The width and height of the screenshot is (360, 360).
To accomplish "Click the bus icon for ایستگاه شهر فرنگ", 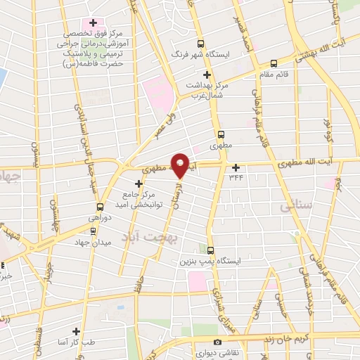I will tap(201, 43).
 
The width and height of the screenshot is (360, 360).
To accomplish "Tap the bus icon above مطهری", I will tap(221, 134).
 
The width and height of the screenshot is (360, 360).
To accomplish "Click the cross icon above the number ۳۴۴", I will tap(236, 167).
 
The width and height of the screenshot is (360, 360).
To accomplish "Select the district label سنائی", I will tap(295, 207).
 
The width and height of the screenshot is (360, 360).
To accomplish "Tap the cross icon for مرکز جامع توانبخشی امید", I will tap(139, 184).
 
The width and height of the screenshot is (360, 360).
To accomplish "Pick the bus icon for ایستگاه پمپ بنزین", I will tap(211, 250).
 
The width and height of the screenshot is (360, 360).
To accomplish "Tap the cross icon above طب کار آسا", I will tap(76, 331).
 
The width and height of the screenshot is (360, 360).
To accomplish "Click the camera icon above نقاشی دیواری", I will tap(217, 342).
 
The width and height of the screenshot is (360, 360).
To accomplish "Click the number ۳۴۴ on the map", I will tap(236, 177).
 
